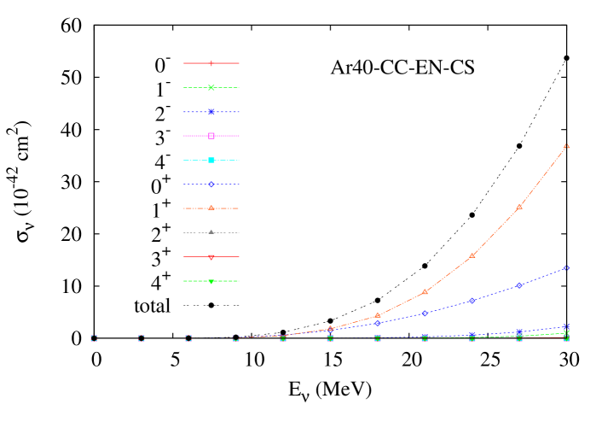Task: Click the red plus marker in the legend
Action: [211, 63]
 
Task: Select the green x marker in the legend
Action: [211, 87]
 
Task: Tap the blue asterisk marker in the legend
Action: [211, 112]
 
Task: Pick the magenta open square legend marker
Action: [211, 136]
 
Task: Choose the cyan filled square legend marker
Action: [211, 161]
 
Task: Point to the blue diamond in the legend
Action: [211, 185]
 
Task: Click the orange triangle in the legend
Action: [211, 208]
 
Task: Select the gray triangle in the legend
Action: [211, 232]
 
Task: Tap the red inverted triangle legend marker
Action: [211, 257]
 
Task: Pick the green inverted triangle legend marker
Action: [211, 281]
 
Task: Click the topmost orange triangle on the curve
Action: [566, 146]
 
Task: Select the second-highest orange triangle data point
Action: [519, 206]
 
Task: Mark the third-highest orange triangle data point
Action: [472, 255]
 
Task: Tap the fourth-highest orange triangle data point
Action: [425, 292]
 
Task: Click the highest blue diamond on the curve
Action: [566, 268]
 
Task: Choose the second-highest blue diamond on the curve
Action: [519, 285]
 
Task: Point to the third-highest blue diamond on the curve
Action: [472, 301]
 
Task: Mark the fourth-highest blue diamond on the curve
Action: [425, 314]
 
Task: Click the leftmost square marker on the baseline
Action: [95, 338]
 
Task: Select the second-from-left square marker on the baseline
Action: [142, 338]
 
